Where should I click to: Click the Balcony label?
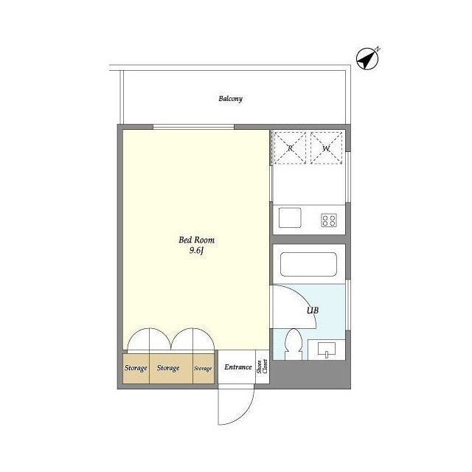click(x=230, y=99)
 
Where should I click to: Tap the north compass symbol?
click(x=367, y=59)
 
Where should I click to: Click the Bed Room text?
click(x=197, y=240)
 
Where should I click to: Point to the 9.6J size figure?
click(x=197, y=251)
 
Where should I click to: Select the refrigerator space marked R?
click(x=290, y=148)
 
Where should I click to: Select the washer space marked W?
click(x=327, y=148)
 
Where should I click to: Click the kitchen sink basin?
click(x=290, y=218)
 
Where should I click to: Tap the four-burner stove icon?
click(x=329, y=220)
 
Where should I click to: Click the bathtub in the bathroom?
click(x=308, y=264)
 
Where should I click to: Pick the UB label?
click(x=313, y=310)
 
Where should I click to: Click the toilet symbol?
click(x=294, y=344)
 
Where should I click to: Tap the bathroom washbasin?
click(x=327, y=350)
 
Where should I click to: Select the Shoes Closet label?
click(x=263, y=367)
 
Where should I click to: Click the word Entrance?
click(x=237, y=367)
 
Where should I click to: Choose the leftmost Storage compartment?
click(x=136, y=369)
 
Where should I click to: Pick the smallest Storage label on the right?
click(x=203, y=369)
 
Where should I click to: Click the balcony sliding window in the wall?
click(x=193, y=127)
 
